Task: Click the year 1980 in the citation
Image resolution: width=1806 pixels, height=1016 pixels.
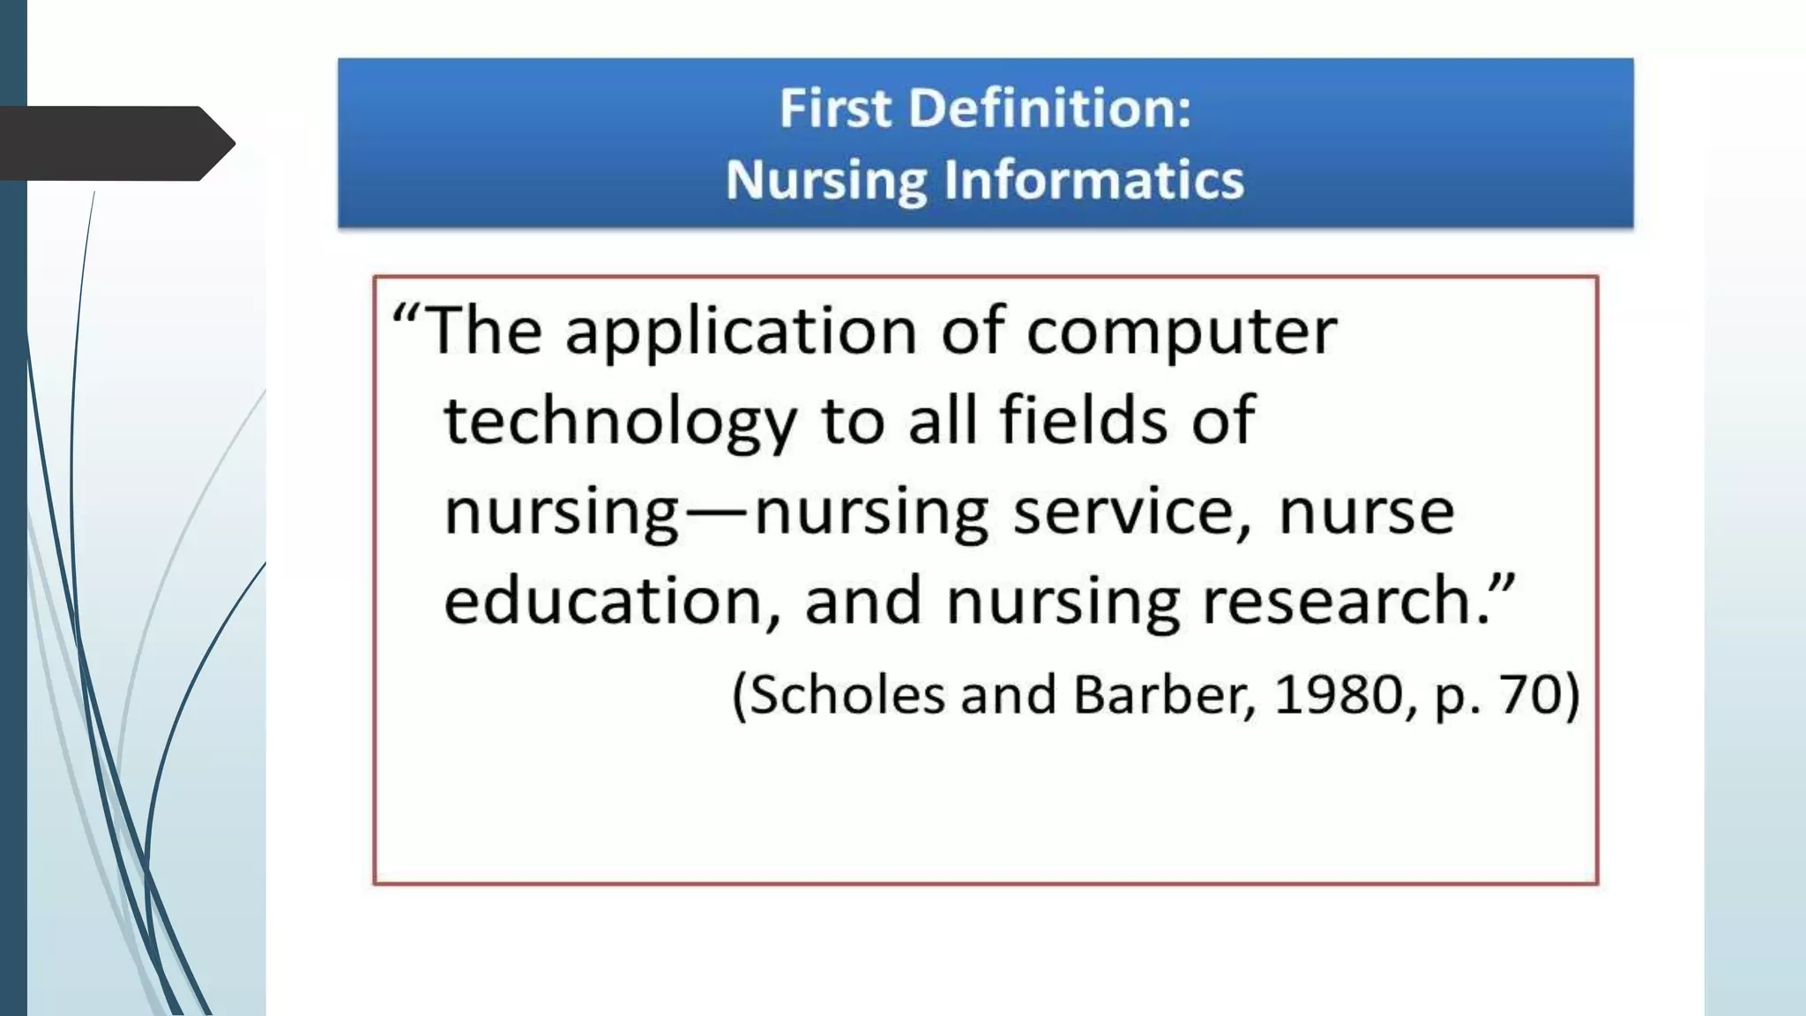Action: [1338, 694]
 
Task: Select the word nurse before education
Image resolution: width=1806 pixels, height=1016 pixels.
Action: [1366, 513]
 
